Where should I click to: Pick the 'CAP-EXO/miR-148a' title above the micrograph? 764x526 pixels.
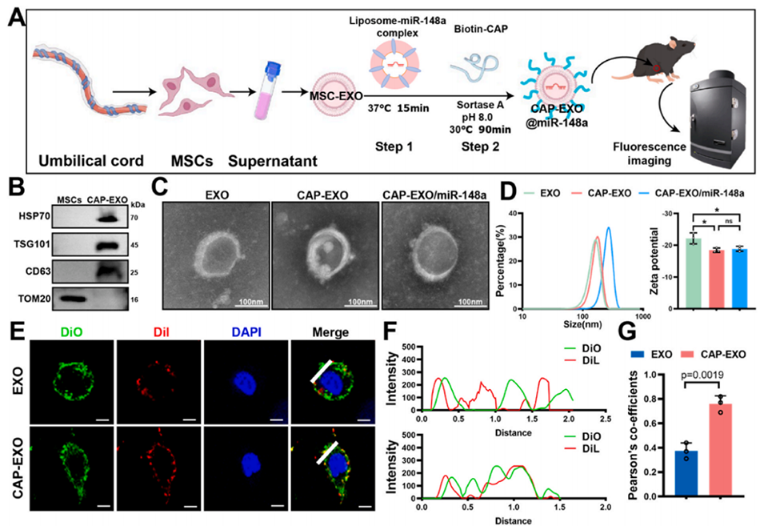[x=435, y=194]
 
